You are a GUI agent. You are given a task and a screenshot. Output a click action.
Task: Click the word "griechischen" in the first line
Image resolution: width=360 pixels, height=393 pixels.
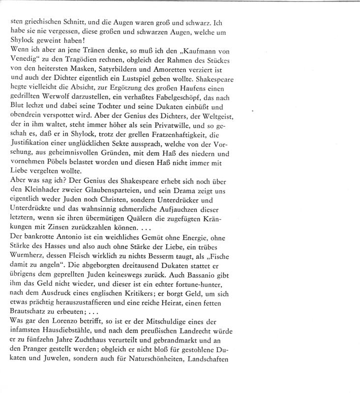[48, 23]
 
